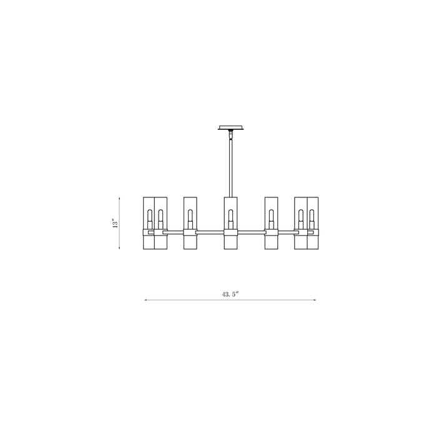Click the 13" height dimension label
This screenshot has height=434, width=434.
point(115,223)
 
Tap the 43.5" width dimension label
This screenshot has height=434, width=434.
point(230,295)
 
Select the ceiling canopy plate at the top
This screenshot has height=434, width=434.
point(231,127)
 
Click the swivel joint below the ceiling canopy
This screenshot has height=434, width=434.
point(230,134)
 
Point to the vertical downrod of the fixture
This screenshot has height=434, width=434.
point(230,168)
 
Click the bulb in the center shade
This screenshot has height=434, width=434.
point(230,219)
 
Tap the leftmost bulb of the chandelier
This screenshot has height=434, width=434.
point(149,219)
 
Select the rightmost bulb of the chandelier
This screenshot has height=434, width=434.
point(312,219)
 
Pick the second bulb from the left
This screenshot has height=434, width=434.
point(160,219)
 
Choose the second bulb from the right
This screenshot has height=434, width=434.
point(301,219)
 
